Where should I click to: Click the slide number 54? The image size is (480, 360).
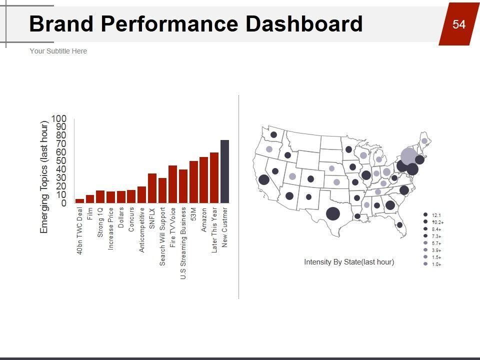(x=458, y=24)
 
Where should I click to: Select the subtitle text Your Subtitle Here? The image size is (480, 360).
(x=58, y=51)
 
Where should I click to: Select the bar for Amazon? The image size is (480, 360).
(x=203, y=180)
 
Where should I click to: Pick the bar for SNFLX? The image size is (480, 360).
(x=152, y=188)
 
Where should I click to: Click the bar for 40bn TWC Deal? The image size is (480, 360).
(x=79, y=200)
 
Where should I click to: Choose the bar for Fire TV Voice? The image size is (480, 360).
(x=172, y=184)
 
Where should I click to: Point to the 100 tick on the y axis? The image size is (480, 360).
(x=58, y=118)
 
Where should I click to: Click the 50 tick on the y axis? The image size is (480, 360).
(x=60, y=161)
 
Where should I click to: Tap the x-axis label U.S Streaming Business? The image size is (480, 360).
(x=183, y=243)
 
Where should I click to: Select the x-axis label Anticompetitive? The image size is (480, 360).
(x=141, y=230)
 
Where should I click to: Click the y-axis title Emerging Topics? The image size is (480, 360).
(x=44, y=177)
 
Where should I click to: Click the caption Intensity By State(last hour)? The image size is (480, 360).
(x=349, y=262)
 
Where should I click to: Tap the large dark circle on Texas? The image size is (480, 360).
(x=332, y=213)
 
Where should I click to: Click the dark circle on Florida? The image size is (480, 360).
(x=399, y=225)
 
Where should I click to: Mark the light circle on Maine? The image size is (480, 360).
(x=424, y=141)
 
